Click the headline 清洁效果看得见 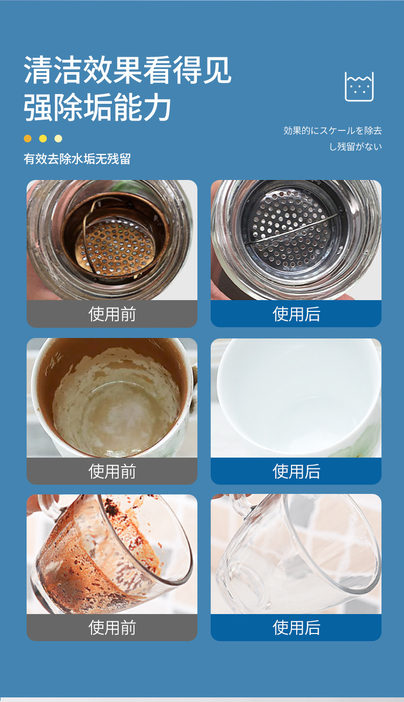[127, 70]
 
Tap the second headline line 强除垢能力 [97, 107]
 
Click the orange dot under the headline [28, 139]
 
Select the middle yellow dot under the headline [43, 139]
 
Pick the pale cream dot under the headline [58, 139]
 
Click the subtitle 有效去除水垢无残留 [77, 159]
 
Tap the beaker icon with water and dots [359, 86]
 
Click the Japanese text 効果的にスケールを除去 [332, 130]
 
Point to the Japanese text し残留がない [355, 146]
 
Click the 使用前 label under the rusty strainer [112, 314]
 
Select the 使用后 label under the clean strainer [296, 314]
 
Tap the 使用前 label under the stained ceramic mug [112, 471]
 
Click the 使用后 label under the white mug [296, 471]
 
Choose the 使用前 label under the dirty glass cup [112, 628]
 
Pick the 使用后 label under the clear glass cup [296, 628]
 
